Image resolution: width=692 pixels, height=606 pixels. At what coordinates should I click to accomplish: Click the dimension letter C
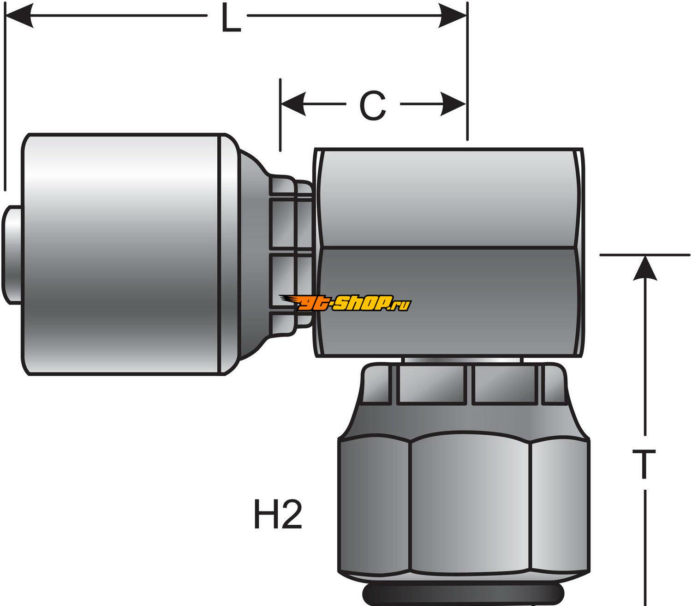372,106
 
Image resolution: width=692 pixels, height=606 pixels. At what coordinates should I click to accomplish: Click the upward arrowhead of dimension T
644,268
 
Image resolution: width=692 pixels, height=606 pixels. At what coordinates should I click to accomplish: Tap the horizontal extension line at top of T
646,254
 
